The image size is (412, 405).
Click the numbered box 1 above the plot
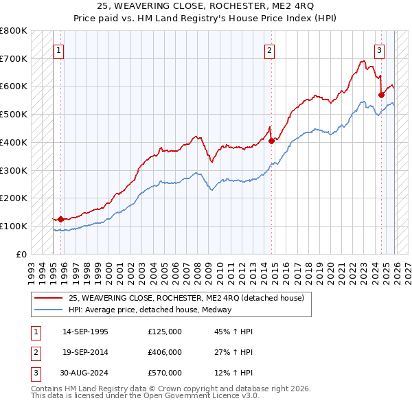click(60, 50)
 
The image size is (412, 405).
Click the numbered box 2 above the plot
click(271, 50)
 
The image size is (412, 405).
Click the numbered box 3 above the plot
click(379, 50)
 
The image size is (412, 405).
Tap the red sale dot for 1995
click(60, 219)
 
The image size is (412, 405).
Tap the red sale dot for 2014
click(271, 141)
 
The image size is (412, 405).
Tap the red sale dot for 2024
click(381, 95)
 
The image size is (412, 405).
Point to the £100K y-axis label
click(14, 226)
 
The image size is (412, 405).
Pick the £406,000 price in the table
click(165, 352)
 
